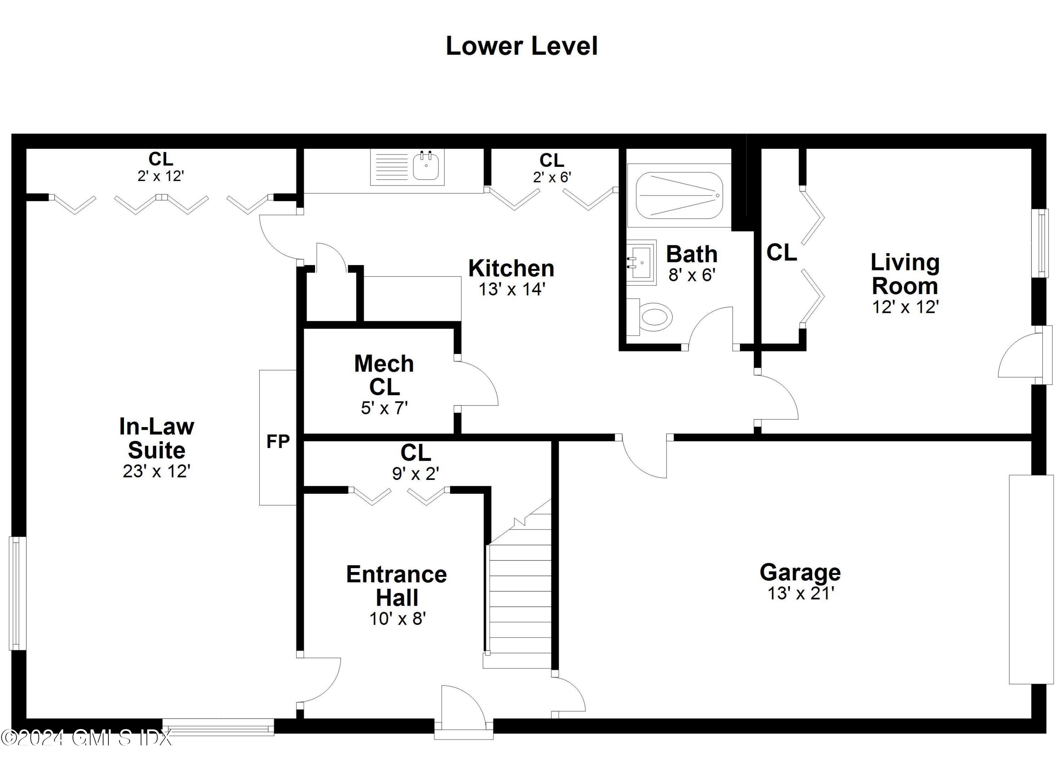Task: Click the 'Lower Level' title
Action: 521,46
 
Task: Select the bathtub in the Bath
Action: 679,196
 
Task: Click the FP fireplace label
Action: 278,442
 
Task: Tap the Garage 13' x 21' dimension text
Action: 800,593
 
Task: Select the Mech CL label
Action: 384,375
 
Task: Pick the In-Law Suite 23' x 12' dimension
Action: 157,471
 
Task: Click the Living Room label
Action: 905,274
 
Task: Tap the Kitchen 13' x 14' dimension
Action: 511,290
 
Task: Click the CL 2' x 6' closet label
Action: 552,168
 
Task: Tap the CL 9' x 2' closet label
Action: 416,462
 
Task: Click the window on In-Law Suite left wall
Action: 17,593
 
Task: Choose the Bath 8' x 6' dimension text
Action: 691,275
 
